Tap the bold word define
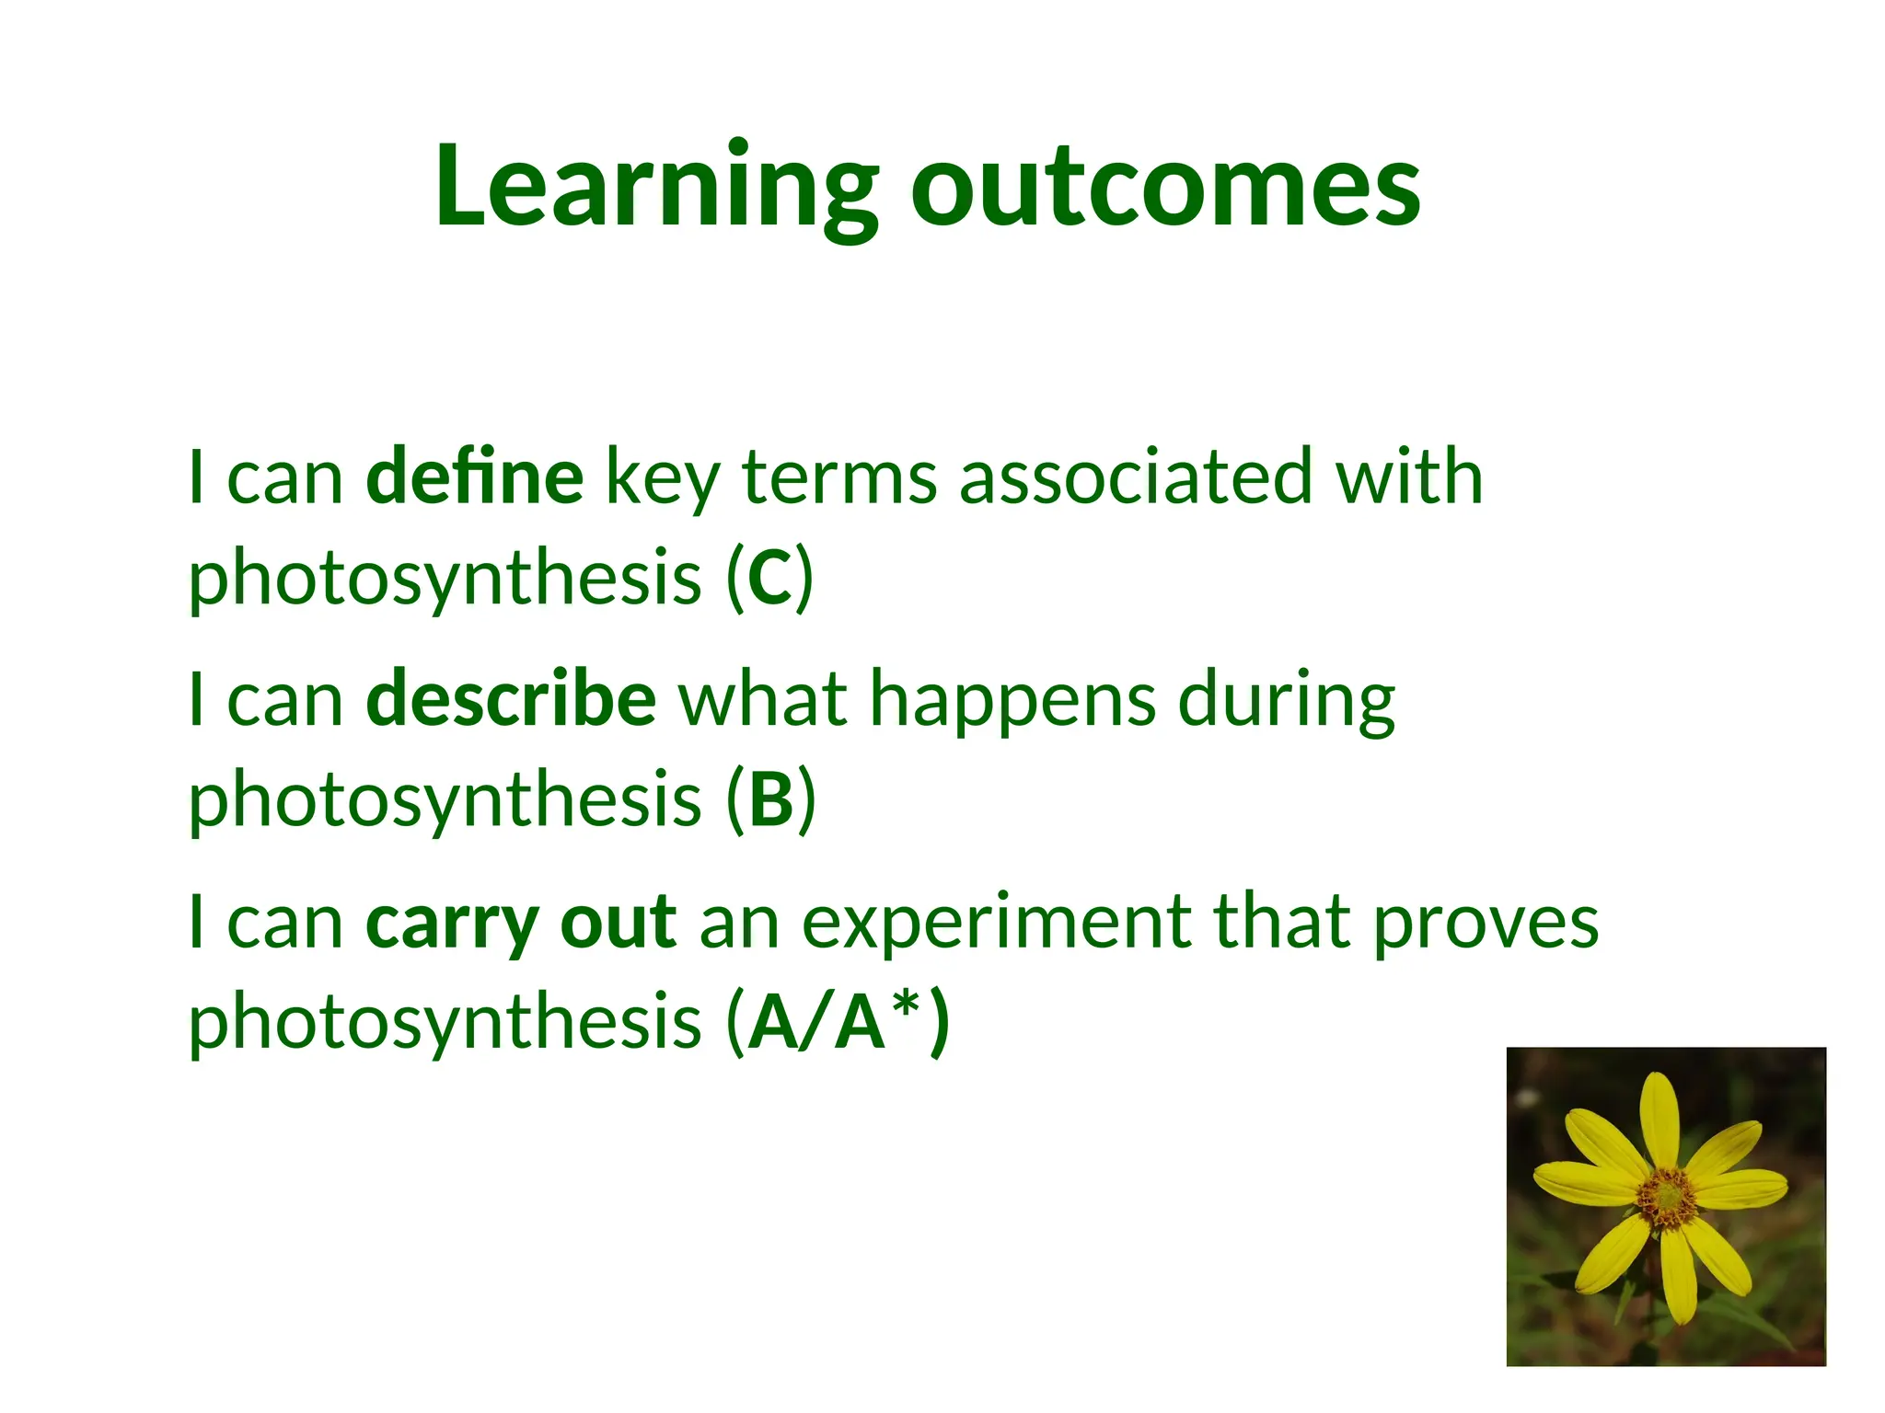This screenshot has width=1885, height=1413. tap(474, 477)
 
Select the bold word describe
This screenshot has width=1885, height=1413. tap(511, 699)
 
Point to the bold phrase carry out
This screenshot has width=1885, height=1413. tap(521, 923)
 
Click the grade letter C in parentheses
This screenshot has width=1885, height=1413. tap(769, 578)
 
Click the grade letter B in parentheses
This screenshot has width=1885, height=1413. tap(771, 799)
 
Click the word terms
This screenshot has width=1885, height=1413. tap(839, 477)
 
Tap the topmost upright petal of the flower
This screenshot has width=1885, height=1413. tap(1659, 1118)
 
